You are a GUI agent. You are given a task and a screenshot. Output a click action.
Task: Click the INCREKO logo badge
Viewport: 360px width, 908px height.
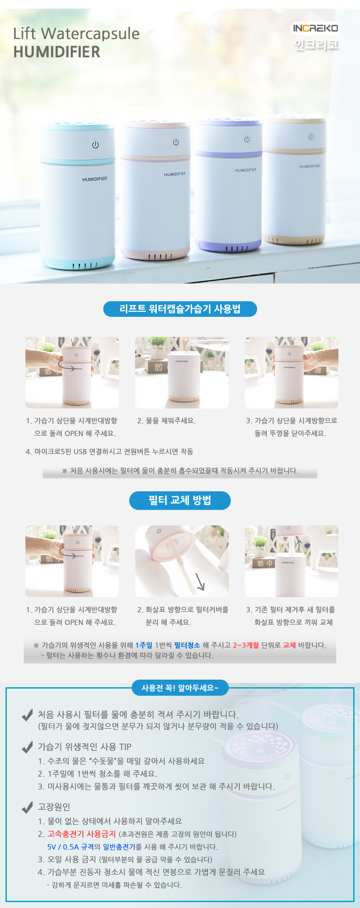(x=316, y=28)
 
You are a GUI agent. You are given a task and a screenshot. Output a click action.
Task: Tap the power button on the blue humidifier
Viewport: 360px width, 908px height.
(x=96, y=145)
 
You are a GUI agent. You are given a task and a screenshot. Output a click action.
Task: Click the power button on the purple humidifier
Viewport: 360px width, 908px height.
(x=247, y=139)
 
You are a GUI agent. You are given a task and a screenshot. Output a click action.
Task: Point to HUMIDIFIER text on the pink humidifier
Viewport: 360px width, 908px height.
(x=175, y=174)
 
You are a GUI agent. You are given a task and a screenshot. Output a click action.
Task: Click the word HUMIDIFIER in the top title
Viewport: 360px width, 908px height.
(x=57, y=52)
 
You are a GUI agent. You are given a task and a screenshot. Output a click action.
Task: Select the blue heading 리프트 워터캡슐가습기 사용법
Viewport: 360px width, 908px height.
(x=180, y=309)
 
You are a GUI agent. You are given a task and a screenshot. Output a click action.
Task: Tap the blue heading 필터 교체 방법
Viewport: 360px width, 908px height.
(x=180, y=500)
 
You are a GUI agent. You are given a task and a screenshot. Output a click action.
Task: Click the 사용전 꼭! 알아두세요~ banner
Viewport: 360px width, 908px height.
(x=180, y=688)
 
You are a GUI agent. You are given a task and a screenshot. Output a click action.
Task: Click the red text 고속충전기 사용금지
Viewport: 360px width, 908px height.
(x=82, y=834)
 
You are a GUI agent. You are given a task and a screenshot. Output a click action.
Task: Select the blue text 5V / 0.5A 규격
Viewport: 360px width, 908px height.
(x=70, y=847)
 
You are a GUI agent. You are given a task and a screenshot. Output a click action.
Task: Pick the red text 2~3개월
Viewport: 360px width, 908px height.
(x=246, y=645)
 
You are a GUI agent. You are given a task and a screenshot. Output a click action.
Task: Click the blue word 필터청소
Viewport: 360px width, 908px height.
(x=187, y=645)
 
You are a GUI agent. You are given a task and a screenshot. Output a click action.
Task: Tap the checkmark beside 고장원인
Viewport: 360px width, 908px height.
(x=27, y=807)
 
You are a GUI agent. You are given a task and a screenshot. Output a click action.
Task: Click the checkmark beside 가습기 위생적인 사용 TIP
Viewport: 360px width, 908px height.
(x=27, y=747)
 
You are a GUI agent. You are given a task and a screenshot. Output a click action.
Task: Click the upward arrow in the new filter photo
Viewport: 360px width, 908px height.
(x=298, y=545)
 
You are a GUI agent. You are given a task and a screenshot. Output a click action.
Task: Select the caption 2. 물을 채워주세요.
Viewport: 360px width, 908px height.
(x=166, y=421)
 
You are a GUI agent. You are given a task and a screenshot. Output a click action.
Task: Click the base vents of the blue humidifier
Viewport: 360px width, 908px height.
(x=85, y=266)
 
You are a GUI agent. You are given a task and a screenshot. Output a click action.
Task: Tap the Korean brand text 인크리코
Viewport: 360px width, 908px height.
(x=316, y=44)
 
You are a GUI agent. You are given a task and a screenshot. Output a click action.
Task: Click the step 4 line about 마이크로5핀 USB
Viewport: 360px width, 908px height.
(x=109, y=452)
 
